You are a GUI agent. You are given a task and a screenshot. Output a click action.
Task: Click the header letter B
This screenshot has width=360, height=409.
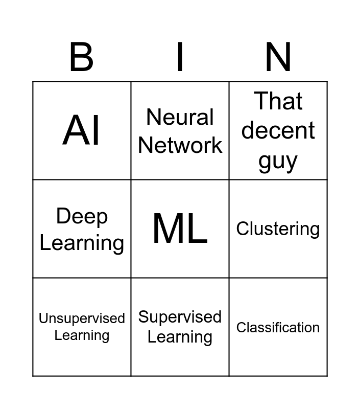point(81,58)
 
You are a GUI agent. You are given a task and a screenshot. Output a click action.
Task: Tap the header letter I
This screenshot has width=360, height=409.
point(180,58)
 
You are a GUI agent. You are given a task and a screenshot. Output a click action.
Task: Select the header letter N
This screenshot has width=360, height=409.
point(278,58)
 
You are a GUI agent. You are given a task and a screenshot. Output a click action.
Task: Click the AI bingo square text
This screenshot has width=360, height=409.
point(82,130)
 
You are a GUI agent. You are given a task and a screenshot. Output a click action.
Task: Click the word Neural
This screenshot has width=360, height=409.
point(180,117)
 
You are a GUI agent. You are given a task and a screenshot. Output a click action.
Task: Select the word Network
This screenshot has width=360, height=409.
point(180,145)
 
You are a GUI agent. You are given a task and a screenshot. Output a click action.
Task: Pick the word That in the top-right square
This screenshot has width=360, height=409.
point(278,101)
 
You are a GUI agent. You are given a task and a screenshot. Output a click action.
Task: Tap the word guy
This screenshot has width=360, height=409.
point(278,161)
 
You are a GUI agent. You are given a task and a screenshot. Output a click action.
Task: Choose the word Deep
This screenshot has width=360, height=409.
point(82,216)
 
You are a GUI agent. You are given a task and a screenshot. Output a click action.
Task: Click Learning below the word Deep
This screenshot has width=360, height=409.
point(82,242)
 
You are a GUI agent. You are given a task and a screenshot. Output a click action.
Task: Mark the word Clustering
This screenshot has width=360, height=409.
point(278,229)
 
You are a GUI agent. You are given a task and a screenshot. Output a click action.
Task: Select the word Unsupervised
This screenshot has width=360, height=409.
point(82,319)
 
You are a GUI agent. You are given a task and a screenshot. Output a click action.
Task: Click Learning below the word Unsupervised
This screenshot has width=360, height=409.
point(82,335)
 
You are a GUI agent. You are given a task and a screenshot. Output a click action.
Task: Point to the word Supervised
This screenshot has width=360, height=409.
point(180,317)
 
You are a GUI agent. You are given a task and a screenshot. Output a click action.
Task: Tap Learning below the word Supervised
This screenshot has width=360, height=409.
point(180,337)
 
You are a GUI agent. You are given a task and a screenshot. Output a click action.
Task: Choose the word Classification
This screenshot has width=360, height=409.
point(278,327)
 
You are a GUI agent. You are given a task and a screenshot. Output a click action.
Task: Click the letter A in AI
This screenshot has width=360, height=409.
point(75,130)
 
